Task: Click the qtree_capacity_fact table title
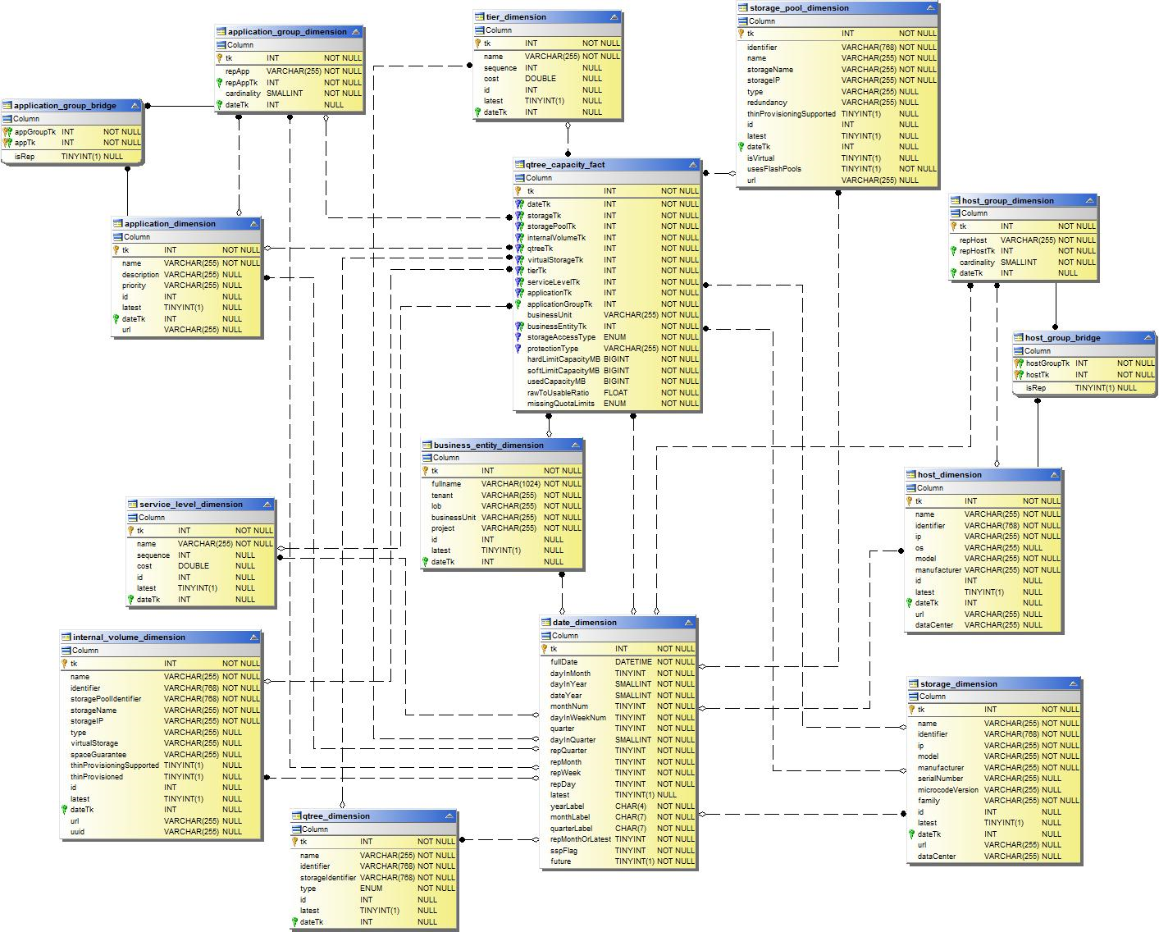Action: pyautogui.click(x=565, y=165)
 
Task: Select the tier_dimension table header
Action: pyautogui.click(x=516, y=17)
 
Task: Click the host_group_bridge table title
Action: pyautogui.click(x=1062, y=338)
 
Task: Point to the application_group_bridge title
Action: pyautogui.click(x=65, y=106)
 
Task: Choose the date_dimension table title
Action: pyautogui.click(x=584, y=623)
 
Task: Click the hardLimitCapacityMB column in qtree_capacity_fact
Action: pyautogui.click(x=563, y=359)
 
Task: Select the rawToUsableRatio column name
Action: pyautogui.click(x=558, y=393)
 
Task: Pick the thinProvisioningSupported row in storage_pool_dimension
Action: pyautogui.click(x=791, y=114)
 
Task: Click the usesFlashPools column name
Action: pyautogui.click(x=773, y=169)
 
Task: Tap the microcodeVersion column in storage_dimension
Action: pyautogui.click(x=947, y=790)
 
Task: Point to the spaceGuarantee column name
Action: pyautogui.click(x=98, y=755)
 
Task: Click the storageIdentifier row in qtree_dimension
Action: pyautogui.click(x=327, y=878)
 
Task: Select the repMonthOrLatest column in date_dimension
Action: pyautogui.click(x=580, y=839)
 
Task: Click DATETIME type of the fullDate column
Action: pyautogui.click(x=632, y=662)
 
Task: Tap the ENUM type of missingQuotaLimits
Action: pyautogui.click(x=614, y=404)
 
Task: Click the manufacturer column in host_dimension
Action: pyautogui.click(x=938, y=570)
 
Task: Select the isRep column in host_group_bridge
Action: pyautogui.click(x=1035, y=388)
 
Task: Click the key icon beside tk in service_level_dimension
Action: pyautogui.click(x=130, y=531)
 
